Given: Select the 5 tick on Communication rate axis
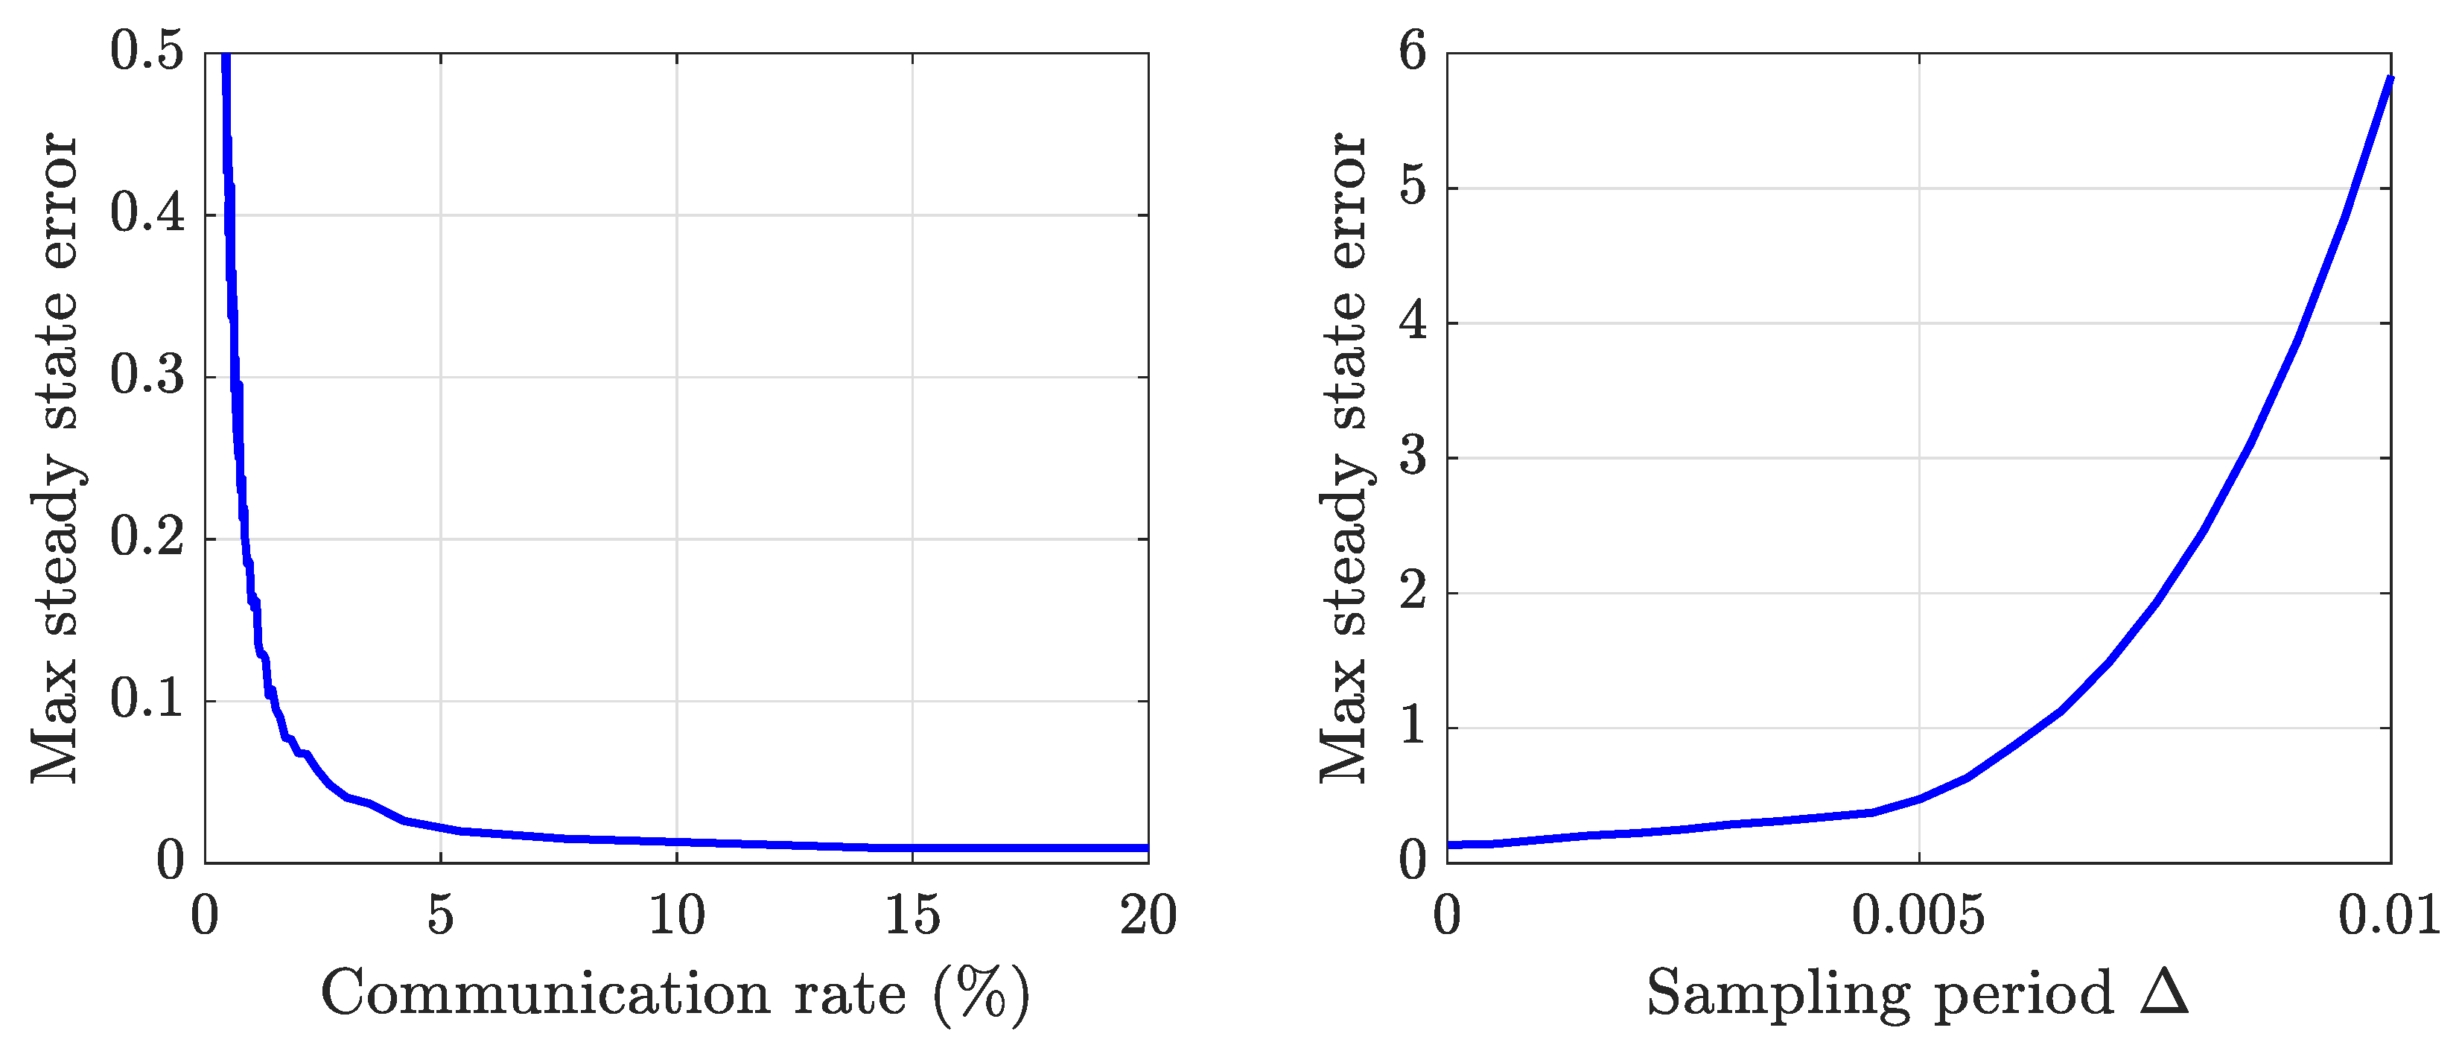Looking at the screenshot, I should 440,915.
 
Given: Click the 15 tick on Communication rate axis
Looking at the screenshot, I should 912,915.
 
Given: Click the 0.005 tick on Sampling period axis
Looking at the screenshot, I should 1918,915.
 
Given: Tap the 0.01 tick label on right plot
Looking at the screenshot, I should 2388,915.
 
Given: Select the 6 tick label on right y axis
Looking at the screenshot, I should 1413,51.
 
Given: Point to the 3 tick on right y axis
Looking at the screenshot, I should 1413,457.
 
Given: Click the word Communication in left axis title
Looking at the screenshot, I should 545,994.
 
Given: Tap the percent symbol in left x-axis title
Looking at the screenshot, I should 982,994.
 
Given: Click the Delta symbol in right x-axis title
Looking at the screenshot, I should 2164,993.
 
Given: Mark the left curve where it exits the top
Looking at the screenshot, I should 226,57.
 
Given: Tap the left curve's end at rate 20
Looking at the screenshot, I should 1145,848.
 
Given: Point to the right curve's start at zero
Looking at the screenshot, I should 1450,845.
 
